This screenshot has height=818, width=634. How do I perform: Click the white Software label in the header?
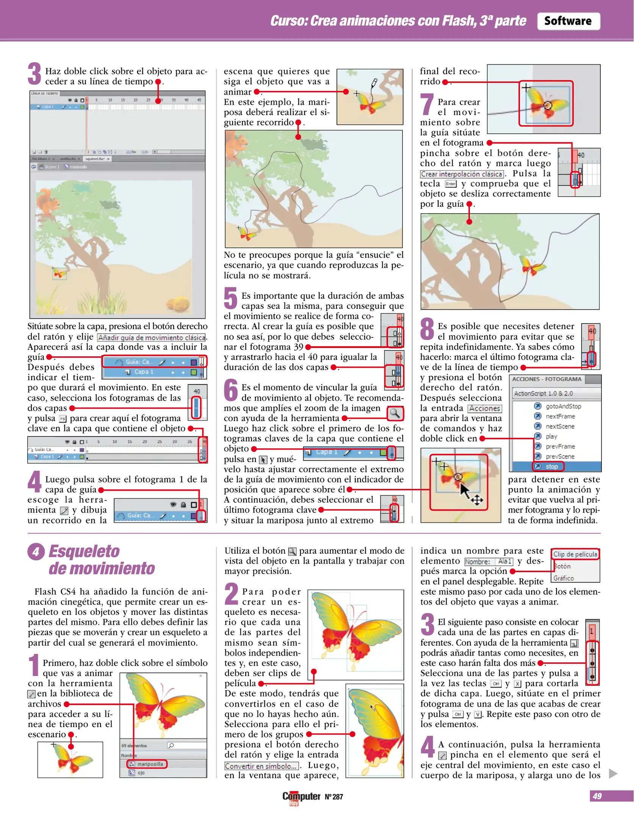coord(568,21)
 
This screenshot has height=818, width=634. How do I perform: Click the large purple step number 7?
coord(427,105)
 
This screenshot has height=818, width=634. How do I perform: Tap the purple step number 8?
coord(427,329)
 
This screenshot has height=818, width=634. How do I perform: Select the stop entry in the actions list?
coord(551,467)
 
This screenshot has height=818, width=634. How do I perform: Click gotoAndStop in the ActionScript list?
coord(563,406)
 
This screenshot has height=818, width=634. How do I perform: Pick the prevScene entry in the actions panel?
coord(560,456)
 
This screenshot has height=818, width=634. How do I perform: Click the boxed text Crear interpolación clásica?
coord(462,174)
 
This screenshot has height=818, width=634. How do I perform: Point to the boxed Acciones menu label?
coord(485,408)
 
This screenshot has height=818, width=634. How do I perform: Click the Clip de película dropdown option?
coord(575,554)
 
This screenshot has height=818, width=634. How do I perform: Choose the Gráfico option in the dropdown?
coord(564,578)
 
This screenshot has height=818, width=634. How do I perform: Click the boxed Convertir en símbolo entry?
coord(261,766)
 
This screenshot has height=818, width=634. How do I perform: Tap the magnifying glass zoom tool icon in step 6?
coord(395,413)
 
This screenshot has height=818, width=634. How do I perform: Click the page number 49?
coord(597,796)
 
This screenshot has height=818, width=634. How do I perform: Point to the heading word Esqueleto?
coord(84,551)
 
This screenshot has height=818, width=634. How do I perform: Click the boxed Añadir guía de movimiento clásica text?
coord(152,337)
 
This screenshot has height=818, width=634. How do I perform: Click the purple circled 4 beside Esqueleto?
coord(36,552)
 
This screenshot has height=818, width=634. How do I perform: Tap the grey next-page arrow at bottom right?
coord(613,773)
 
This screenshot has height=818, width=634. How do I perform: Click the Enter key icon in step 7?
coord(451,184)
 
